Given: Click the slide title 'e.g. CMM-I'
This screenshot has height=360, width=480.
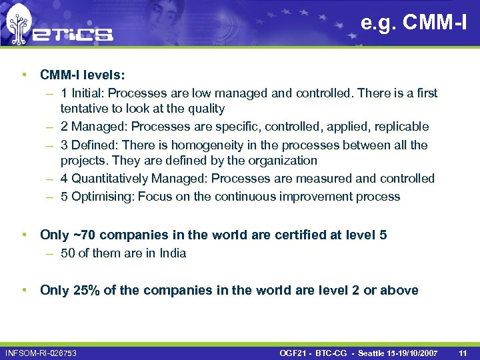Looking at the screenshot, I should point(413,24).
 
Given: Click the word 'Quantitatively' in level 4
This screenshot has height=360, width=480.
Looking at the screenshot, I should point(109,179).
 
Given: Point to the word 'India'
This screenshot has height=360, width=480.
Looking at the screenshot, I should point(173,253).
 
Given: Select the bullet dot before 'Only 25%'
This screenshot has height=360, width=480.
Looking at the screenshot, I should point(24,290).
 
